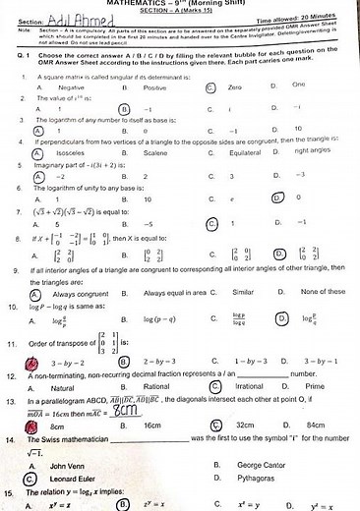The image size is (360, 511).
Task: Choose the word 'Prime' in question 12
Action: pyautogui.click(x=315, y=386)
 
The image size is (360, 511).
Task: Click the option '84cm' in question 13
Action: pyautogui.click(x=317, y=425)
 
